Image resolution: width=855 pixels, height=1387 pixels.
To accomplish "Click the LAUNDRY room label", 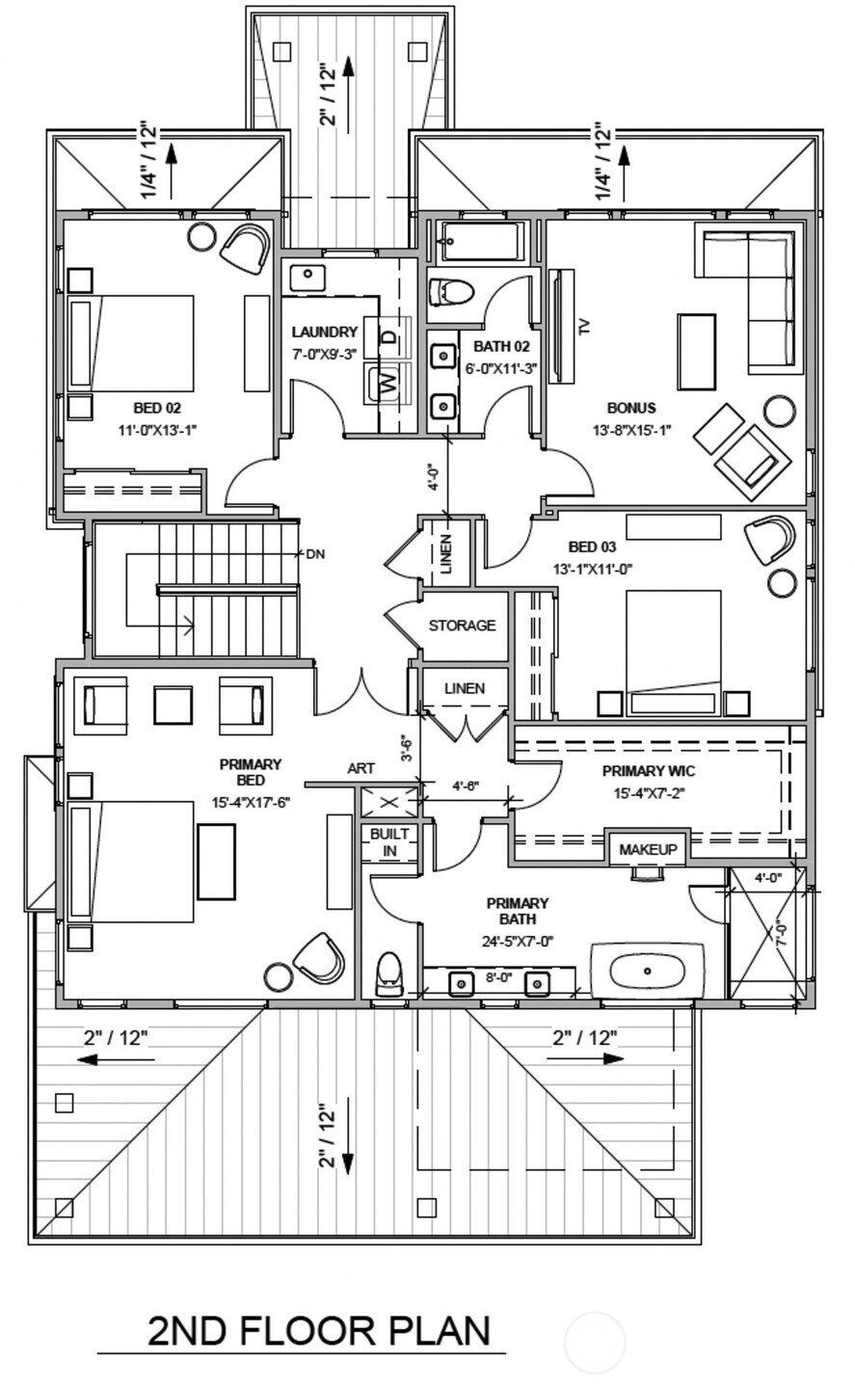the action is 325,333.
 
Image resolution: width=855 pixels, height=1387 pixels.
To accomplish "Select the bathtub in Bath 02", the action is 481,241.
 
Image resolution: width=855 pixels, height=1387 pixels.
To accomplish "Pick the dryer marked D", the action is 387,337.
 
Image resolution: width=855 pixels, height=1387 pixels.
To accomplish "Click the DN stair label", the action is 315,553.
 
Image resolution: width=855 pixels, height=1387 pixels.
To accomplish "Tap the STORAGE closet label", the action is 462,626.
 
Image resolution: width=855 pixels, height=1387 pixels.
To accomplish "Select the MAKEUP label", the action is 648,849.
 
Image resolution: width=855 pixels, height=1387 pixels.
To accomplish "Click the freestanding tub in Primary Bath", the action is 648,971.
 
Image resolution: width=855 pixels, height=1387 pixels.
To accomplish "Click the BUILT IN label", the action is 389,842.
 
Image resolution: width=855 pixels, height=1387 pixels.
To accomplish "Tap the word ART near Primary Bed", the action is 361,768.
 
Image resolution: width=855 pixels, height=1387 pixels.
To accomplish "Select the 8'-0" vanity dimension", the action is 498,977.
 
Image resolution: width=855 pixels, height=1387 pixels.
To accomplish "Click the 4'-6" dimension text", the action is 466,787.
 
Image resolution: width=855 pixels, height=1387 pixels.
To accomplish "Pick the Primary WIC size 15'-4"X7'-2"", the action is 649,793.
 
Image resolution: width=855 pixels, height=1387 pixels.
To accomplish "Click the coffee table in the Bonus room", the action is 697,351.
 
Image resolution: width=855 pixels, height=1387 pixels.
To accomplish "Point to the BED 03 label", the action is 593,547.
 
